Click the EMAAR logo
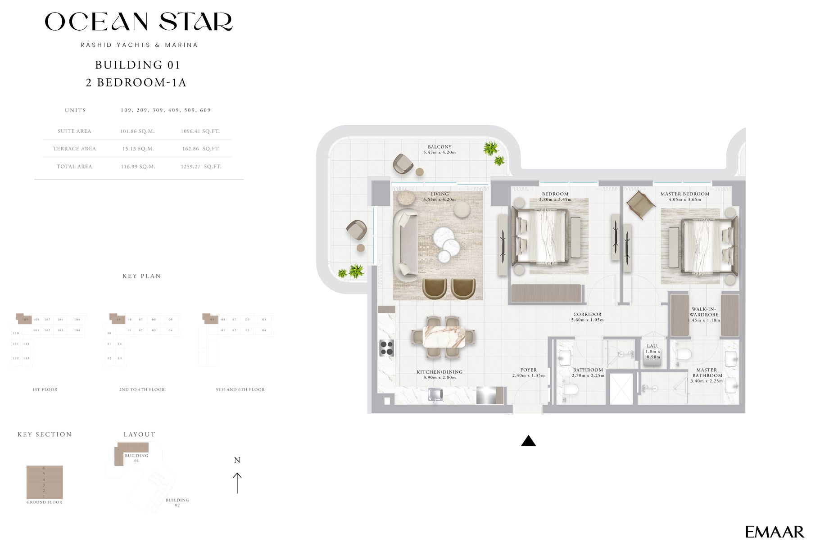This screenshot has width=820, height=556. (774, 532)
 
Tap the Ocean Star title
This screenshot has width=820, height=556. (138, 22)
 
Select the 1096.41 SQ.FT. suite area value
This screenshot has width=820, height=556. (200, 131)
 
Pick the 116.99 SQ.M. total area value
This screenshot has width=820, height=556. (138, 167)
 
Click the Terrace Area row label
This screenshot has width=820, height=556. (74, 149)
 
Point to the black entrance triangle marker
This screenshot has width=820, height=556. (528, 441)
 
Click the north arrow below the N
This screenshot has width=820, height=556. (237, 483)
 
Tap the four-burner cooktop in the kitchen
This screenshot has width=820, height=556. (386, 348)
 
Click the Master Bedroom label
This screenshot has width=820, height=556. (684, 194)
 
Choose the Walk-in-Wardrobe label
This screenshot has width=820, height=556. (703, 312)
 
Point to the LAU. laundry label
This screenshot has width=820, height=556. (652, 346)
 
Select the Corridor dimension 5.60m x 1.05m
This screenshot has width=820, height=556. (587, 320)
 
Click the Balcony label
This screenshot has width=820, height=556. (439, 147)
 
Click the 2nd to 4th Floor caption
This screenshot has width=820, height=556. (142, 389)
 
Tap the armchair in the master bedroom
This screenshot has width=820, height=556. (640, 204)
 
